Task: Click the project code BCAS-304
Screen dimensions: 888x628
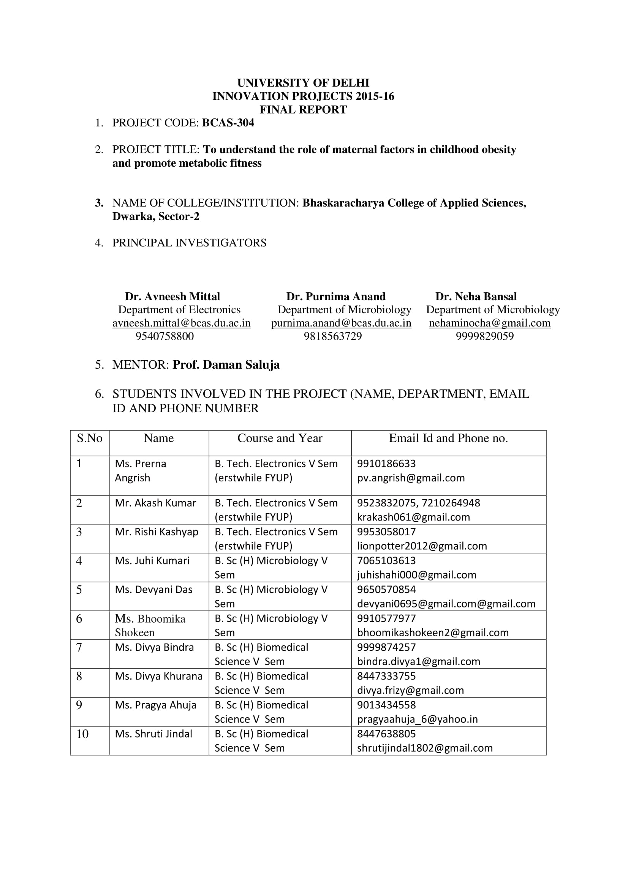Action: pyautogui.click(x=228, y=123)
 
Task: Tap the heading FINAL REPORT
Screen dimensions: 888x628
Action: pyautogui.click(x=303, y=110)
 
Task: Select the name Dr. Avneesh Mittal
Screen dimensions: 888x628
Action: pyautogui.click(x=172, y=297)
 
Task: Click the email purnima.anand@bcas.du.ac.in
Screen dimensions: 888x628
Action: pyautogui.click(x=341, y=323)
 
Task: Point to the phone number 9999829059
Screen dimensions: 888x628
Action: pyautogui.click(x=484, y=336)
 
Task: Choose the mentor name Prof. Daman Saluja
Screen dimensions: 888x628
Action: pyautogui.click(x=226, y=365)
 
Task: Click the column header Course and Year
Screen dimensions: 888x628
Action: pyautogui.click(x=280, y=438)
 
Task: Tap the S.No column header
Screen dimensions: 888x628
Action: pyautogui.click(x=89, y=438)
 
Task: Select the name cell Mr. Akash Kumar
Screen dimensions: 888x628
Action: pyautogui.click(x=155, y=503)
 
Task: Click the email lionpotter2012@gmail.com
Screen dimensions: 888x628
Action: pyautogui.click(x=422, y=546)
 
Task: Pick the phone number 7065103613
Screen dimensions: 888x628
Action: pyautogui.click(x=386, y=560)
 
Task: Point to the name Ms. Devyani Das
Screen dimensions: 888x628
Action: pyautogui.click(x=153, y=590)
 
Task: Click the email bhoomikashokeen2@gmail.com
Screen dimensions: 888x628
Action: pyautogui.click(x=433, y=632)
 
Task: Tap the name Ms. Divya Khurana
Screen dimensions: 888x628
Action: pyautogui.click(x=159, y=676)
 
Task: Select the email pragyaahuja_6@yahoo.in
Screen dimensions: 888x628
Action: pyautogui.click(x=417, y=719)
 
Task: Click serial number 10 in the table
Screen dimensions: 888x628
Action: pyautogui.click(x=82, y=734)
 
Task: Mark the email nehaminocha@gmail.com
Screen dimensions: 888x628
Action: pyautogui.click(x=489, y=323)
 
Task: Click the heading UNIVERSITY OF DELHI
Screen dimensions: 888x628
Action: pyautogui.click(x=303, y=83)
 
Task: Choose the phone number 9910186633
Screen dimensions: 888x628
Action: pyautogui.click(x=386, y=463)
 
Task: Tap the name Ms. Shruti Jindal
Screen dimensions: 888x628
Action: pyautogui.click(x=153, y=734)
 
